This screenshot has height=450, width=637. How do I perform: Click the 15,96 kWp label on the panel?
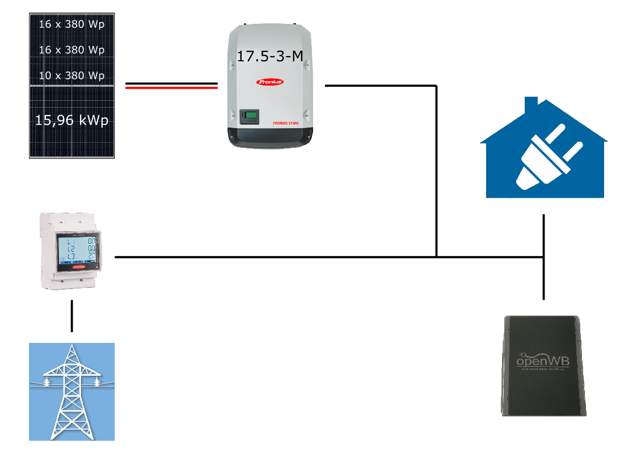71,120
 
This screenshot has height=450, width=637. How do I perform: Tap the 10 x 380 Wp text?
71,75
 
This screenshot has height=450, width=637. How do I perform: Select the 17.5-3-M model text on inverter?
269,56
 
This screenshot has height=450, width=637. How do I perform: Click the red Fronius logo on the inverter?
271,82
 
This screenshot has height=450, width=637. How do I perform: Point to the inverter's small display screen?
249,117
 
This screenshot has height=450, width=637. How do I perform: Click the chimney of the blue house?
531,105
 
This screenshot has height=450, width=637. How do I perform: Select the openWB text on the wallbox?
542,360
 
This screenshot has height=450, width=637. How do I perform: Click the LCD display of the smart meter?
77,250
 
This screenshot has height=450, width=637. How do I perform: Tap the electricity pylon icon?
71,391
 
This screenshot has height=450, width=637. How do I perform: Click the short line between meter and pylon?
72,316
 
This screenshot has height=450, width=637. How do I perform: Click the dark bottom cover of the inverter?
270,137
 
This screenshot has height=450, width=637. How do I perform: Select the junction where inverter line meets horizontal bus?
436,257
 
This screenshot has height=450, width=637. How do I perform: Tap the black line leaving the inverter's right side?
380,86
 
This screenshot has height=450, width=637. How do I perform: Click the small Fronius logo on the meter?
77,264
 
